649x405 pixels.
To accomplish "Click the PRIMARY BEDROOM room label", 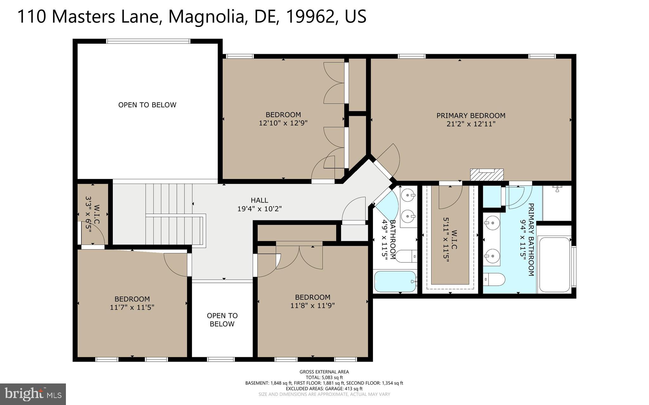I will click(471, 116).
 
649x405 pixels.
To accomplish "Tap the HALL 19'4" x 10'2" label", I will click(259, 205).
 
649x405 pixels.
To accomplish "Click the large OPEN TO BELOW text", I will click(147, 105).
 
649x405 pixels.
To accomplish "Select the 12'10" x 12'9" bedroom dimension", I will click(283, 123).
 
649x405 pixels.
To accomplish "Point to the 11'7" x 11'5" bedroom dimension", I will click(132, 307).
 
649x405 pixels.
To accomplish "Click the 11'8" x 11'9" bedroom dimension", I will click(312, 306).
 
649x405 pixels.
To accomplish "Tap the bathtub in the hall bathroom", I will click(395, 281).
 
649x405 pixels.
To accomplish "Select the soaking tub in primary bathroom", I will click(554, 264).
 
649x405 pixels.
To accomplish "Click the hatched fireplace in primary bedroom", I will click(487, 174).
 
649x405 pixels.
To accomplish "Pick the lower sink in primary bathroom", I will click(492, 254).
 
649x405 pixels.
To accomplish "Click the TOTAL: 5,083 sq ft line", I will click(324, 377).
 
